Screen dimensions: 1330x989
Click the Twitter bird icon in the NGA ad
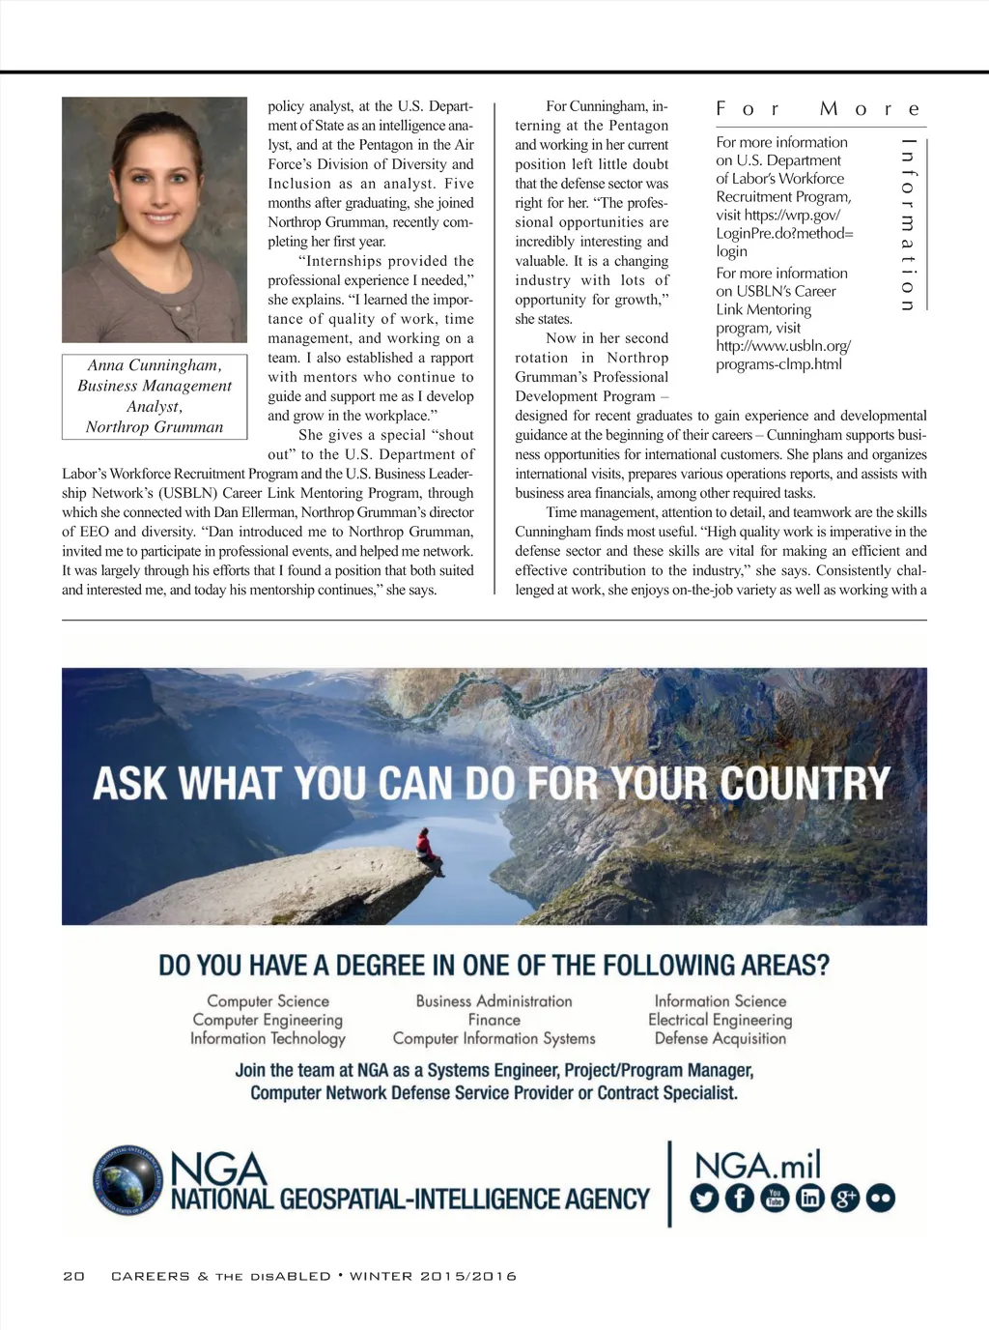705,1199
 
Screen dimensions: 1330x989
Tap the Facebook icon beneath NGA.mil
740,1199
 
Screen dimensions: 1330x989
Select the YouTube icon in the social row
775,1199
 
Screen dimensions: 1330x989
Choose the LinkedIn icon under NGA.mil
809,1199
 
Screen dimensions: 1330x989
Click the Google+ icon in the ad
845,1199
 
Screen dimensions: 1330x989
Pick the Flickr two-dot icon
880,1199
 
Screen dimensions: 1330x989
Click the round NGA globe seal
128,1180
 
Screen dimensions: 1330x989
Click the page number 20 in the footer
73,1276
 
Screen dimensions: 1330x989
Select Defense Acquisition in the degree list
720,1038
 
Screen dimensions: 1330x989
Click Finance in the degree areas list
494,1020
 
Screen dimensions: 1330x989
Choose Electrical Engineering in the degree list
720,1020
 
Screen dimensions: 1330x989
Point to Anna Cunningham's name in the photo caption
155,365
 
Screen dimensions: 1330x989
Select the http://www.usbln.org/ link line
783,346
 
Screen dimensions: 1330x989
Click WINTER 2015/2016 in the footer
433,1276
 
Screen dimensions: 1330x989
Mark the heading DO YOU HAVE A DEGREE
494,965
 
